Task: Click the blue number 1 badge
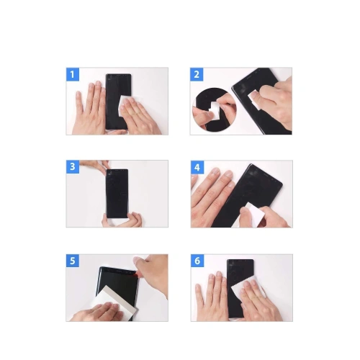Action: tap(72, 74)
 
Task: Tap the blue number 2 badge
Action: tap(197, 74)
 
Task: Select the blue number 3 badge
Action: tap(72, 166)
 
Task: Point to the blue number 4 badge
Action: tap(197, 167)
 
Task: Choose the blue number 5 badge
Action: tap(72, 261)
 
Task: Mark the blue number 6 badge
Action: tap(197, 261)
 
